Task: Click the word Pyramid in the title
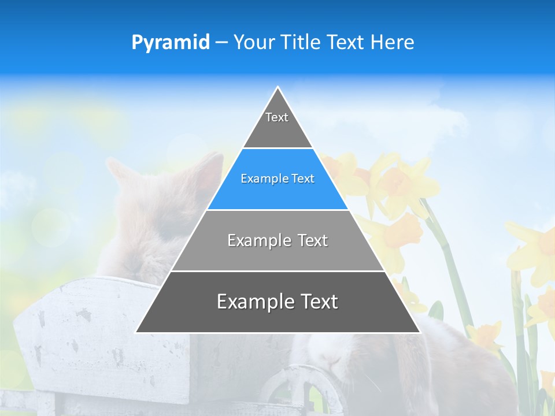click(170, 43)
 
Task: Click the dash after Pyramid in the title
click(221, 43)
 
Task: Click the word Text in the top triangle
click(277, 117)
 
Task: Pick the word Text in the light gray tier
click(313, 240)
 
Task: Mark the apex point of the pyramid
click(277, 87)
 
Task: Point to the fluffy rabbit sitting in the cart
click(156, 220)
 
